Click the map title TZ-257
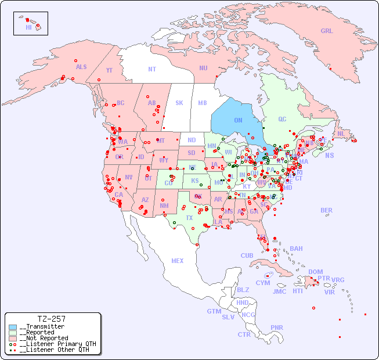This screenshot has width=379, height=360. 51,319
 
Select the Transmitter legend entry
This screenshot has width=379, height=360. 42,326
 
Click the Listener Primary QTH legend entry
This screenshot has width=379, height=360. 53,344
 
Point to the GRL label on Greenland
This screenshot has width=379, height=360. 327,31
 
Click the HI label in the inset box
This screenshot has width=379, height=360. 28,27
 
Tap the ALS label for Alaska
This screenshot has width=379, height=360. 81,67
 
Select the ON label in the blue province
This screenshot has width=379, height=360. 238,120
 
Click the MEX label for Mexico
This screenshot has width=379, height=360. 178,261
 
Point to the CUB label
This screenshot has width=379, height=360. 247,255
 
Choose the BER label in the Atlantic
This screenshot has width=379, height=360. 327,210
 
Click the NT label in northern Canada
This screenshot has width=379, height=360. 152,69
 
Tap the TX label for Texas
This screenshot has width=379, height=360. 189,218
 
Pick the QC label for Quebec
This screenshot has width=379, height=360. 282,119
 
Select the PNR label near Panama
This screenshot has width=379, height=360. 277,327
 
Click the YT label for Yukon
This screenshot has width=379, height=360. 109,70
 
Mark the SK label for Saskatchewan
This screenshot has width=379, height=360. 179,103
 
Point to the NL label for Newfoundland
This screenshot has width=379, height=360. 341,134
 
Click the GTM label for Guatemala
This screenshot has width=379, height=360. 214,311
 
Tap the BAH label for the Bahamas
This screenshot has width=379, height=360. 296,249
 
